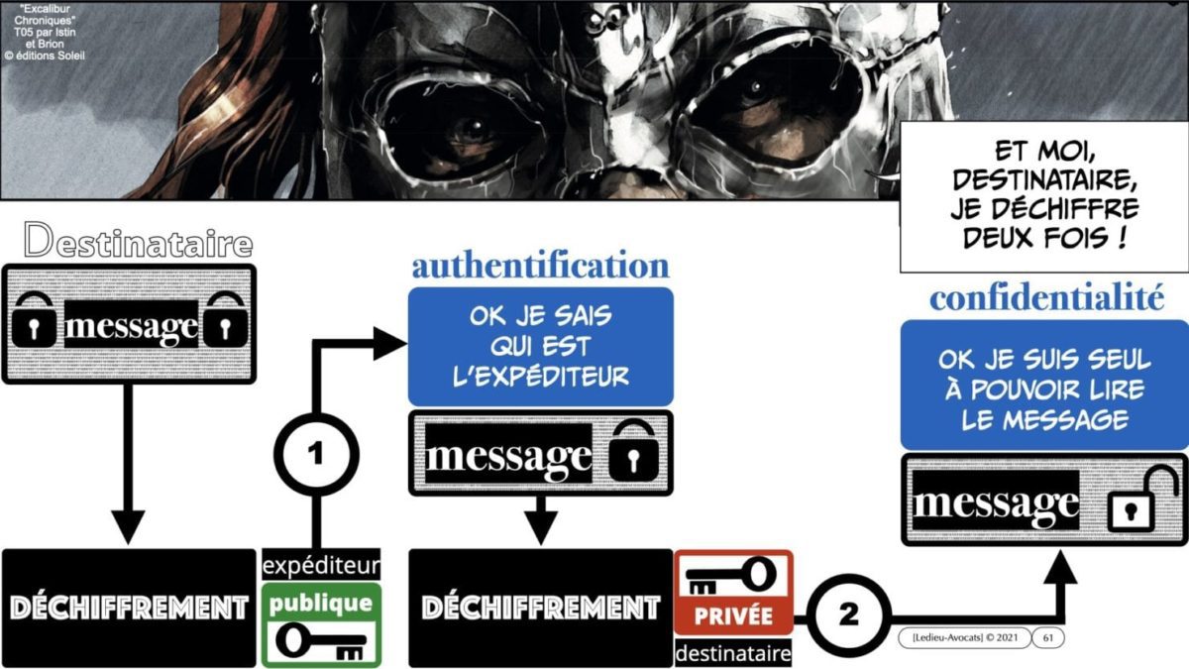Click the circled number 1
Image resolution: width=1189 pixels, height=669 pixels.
315,455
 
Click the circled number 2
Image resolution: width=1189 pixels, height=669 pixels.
847,614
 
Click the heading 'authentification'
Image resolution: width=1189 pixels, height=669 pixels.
540,266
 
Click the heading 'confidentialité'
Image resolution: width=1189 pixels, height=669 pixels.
1045,298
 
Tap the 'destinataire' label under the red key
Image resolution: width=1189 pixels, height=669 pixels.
733,653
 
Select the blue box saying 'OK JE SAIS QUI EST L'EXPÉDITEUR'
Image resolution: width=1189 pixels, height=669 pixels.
540,346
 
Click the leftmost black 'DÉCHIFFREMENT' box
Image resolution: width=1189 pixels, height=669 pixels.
128,607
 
